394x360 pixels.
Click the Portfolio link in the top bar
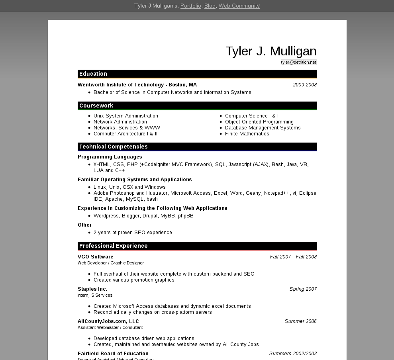click(190, 6)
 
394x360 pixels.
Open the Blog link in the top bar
click(210, 6)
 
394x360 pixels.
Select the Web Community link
click(239, 6)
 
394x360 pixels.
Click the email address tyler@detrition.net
click(298, 62)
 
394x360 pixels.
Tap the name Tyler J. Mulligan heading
click(271, 51)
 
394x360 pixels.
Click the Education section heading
click(93, 74)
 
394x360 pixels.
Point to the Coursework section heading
click(96, 106)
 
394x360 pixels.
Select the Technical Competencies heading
click(114, 147)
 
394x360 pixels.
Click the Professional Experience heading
click(114, 246)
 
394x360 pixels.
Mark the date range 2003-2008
click(305, 85)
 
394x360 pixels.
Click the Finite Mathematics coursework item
click(247, 134)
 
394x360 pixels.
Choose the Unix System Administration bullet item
click(126, 116)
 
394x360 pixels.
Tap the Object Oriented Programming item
click(259, 122)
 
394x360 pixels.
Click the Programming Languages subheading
click(110, 157)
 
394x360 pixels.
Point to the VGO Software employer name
click(96, 257)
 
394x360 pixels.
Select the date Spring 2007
click(303, 289)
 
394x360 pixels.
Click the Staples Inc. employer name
click(92, 289)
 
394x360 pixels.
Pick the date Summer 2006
click(300, 321)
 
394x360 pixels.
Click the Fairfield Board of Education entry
click(113, 354)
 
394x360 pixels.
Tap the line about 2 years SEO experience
click(133, 233)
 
